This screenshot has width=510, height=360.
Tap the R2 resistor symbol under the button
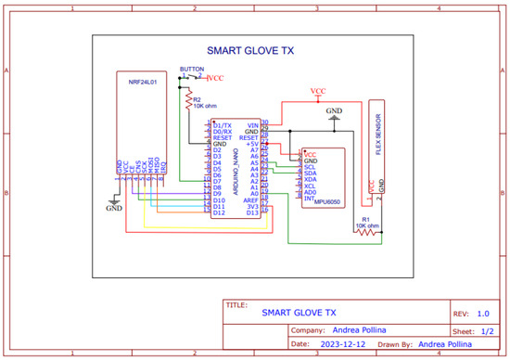[188, 96]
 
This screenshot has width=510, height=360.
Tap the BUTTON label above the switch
[192, 69]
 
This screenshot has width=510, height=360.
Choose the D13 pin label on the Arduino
[252, 212]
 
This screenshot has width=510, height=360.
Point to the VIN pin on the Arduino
[253, 124]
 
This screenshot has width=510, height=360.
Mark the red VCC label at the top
[318, 90]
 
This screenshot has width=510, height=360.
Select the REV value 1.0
[483, 314]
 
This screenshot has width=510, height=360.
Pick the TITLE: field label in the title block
[236, 304]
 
